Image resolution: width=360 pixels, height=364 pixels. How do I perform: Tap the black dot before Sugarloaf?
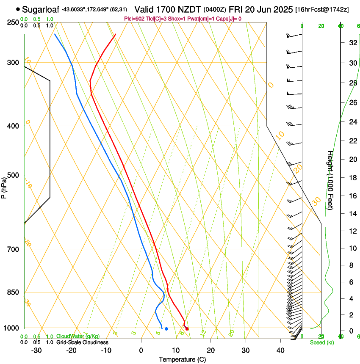click(18, 9)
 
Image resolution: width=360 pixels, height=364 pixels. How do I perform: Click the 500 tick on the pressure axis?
click(14, 175)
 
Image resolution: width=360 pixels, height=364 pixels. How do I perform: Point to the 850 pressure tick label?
click(14, 292)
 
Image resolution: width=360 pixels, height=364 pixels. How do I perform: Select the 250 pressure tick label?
click(14, 22)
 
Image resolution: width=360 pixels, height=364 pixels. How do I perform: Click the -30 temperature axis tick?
click(36, 350)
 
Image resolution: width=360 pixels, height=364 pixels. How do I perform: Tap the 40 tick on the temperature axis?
click(280, 350)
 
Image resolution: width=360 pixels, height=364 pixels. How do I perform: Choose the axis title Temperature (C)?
click(182, 359)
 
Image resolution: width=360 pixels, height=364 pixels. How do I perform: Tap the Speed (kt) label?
click(321, 342)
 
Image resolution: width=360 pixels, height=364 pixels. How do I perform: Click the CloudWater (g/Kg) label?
click(78, 336)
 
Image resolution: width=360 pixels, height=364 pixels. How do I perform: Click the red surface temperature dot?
click(187, 328)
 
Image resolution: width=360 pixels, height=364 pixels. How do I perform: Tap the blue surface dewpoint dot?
click(166, 328)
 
